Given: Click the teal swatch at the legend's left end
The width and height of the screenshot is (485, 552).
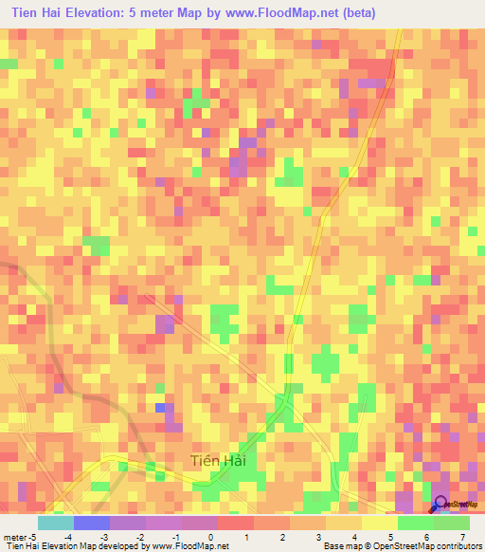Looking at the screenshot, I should tap(55, 523).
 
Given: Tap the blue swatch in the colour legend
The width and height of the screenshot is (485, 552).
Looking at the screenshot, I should tap(91, 523).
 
